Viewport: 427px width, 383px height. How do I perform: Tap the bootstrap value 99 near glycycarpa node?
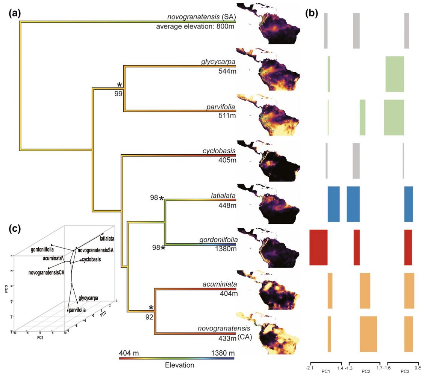(x=119, y=93)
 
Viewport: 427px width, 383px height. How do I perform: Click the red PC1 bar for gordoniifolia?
(x=318, y=247)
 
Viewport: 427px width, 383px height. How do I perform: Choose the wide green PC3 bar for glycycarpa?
(x=395, y=74)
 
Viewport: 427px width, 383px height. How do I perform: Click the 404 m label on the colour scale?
(x=129, y=353)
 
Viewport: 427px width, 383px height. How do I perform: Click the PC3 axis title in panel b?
(x=404, y=371)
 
